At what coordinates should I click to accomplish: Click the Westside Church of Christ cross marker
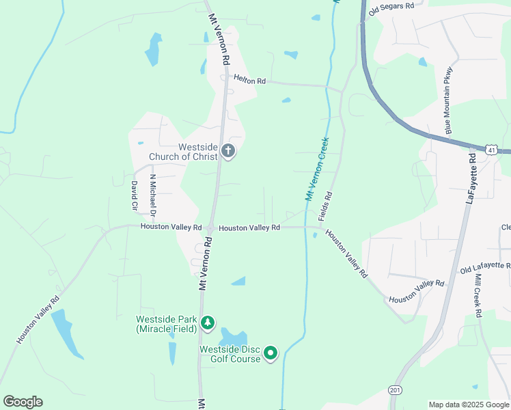tap(228, 151)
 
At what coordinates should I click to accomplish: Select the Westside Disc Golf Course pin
tap(271, 353)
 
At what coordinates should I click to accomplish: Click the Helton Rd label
tap(249, 80)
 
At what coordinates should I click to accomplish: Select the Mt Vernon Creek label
tap(316, 169)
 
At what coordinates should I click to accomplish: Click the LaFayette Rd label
tap(471, 178)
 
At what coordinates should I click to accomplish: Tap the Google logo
tap(23, 402)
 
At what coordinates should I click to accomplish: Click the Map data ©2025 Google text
tap(468, 405)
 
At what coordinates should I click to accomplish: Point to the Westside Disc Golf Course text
tap(230, 354)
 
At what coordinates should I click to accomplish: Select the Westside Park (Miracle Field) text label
tap(166, 324)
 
